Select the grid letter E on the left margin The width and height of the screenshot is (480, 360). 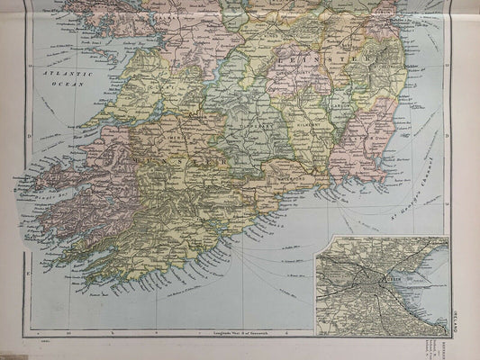pos(29,266)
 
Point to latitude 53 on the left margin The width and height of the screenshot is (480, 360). pos(32,67)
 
